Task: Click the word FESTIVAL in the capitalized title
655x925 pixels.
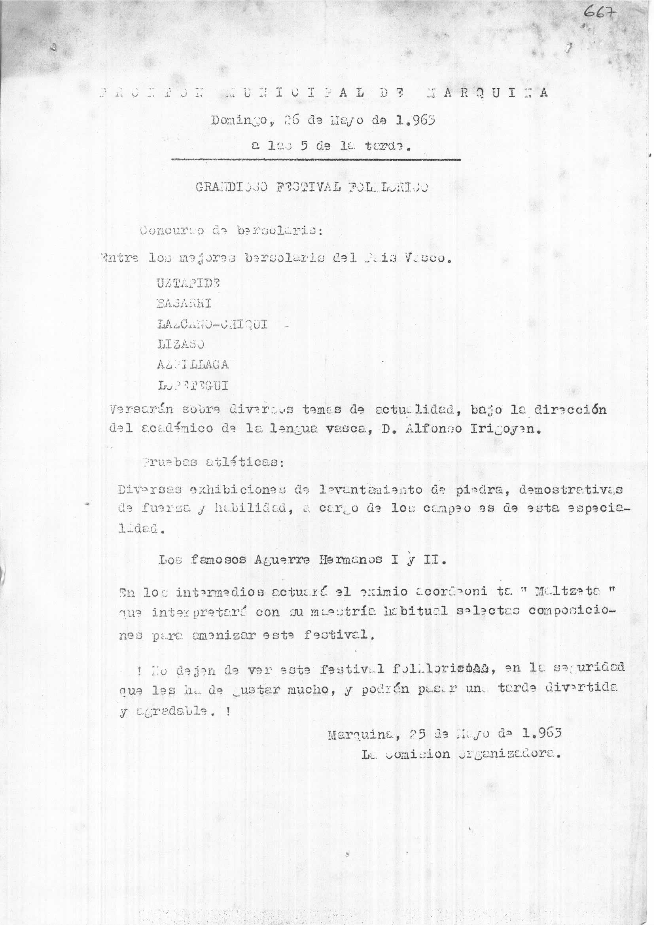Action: point(307,188)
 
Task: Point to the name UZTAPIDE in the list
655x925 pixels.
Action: point(188,283)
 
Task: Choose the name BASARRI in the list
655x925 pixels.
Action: point(184,303)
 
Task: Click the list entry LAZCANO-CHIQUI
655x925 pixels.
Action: point(212,324)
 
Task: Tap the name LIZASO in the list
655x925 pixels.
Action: point(181,344)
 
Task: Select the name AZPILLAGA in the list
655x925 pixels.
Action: point(193,365)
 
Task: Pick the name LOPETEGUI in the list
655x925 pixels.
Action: point(193,386)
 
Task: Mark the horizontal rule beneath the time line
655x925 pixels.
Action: point(315,160)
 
